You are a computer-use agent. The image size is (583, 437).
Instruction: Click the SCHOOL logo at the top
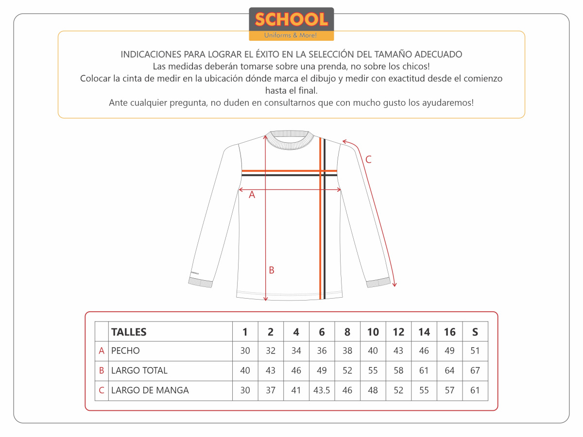291,23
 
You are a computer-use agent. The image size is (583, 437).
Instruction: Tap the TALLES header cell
129,332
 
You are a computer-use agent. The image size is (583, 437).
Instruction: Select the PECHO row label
125,351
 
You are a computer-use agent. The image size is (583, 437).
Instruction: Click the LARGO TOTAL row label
139,370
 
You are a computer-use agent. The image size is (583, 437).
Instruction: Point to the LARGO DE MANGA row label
150,390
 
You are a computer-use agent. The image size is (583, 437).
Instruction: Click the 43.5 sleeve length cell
322,390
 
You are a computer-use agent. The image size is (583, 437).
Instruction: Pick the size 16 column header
449,332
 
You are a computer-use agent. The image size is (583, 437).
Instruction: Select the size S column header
475,332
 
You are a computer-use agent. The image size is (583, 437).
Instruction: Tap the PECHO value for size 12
398,351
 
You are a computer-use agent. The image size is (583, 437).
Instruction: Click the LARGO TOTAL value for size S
475,370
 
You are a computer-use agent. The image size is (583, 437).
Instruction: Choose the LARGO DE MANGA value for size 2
271,390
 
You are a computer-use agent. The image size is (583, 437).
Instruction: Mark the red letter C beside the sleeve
368,159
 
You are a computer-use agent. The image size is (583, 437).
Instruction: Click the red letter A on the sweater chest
252,195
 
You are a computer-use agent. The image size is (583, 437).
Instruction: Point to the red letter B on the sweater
272,270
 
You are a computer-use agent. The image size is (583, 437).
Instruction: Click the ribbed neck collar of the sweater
290,139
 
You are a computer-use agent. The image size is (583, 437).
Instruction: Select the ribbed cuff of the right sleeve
378,282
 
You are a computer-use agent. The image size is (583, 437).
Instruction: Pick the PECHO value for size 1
245,351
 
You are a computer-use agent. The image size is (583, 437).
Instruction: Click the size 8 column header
347,332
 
